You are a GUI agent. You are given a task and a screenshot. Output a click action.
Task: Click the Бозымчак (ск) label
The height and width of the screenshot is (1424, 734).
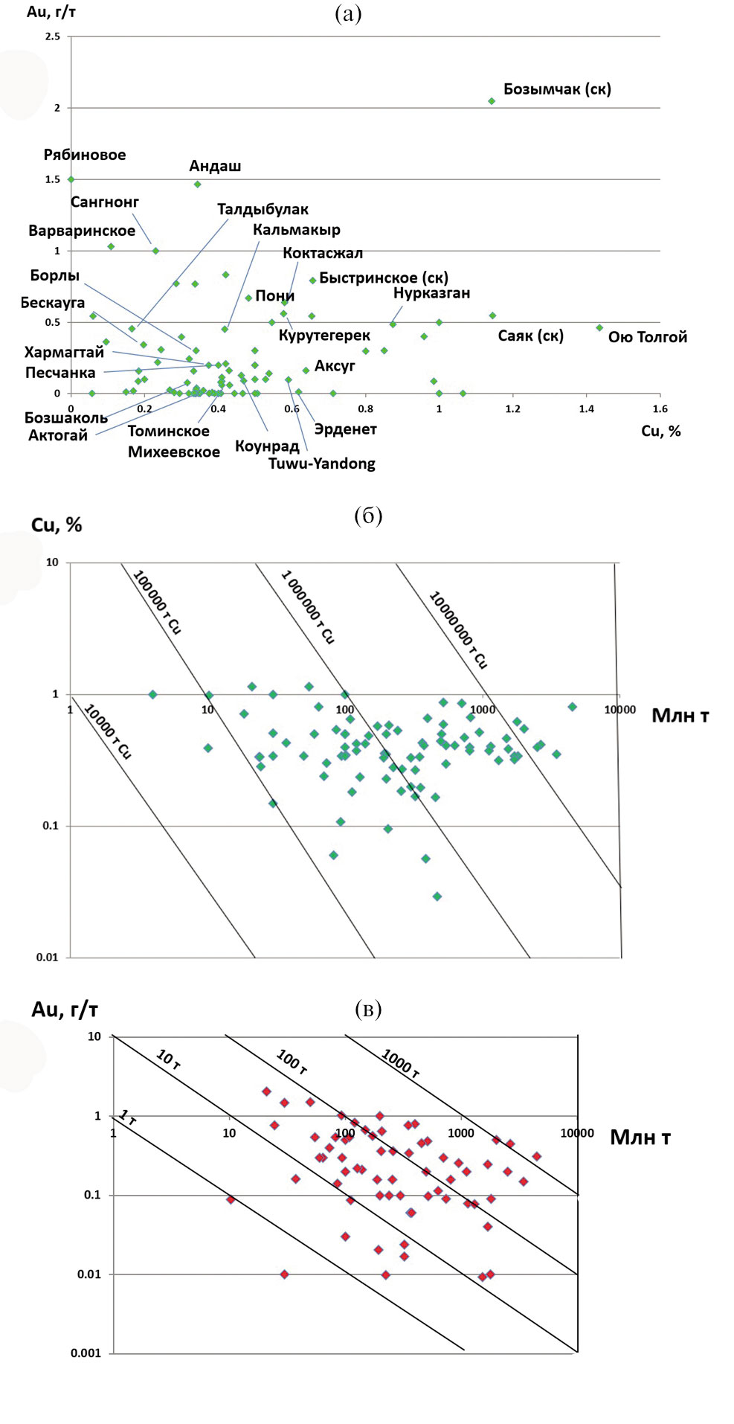point(557,89)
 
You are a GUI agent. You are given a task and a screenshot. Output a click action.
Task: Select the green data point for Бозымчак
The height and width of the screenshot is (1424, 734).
point(492,101)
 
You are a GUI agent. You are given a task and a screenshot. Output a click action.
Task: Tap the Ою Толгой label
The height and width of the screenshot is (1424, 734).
point(647,338)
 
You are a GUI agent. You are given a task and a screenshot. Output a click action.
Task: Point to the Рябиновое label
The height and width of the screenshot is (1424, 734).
point(85,155)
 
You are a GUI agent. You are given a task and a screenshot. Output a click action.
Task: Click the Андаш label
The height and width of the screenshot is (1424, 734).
point(215,166)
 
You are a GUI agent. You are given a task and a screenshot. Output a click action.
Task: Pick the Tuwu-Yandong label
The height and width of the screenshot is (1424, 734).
point(322,464)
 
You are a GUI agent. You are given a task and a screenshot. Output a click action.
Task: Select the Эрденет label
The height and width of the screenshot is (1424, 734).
point(345,429)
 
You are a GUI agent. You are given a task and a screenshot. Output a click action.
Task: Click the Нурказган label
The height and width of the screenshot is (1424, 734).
point(431,293)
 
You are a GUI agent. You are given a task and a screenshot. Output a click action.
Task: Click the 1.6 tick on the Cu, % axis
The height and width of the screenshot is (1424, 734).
point(660,408)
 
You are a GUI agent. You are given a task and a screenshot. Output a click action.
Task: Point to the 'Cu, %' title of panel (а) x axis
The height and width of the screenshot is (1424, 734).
point(660,432)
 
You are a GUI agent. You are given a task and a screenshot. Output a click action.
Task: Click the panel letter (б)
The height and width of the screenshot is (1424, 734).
point(368,516)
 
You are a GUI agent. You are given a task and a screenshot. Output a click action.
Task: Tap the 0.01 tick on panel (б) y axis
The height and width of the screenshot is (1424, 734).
point(47,958)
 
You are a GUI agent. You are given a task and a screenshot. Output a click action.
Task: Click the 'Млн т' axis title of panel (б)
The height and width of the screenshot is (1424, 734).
point(680,716)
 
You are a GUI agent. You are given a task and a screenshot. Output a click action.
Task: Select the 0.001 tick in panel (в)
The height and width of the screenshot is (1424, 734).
point(86,1353)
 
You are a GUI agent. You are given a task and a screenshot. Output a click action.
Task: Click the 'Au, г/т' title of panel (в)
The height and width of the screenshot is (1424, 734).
point(65,1010)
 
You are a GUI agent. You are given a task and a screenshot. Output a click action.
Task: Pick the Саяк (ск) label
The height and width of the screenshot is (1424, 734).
point(530,336)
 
